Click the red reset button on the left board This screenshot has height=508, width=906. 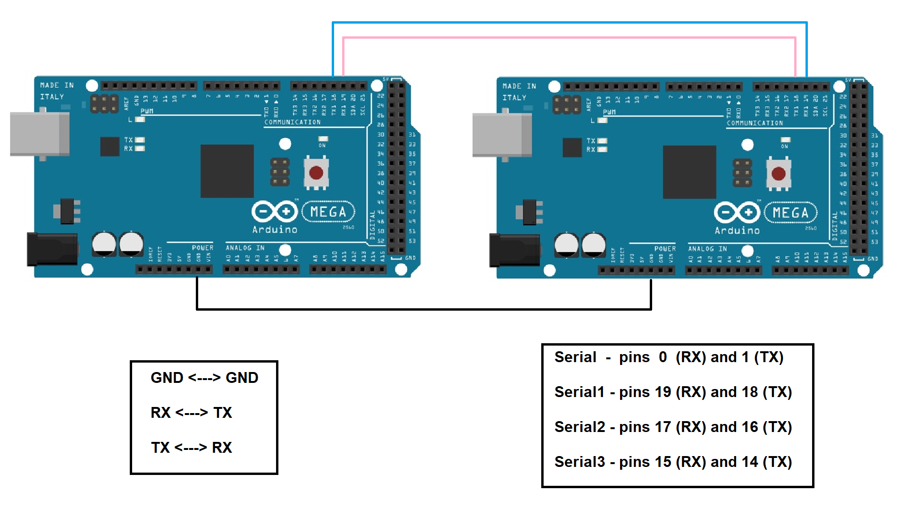[x=316, y=173]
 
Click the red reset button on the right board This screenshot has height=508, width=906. [x=779, y=174]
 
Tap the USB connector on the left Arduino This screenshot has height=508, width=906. [x=40, y=134]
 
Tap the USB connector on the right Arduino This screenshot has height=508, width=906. [x=502, y=135]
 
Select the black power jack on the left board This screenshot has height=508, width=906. [x=52, y=249]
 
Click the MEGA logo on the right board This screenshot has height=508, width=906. [x=790, y=213]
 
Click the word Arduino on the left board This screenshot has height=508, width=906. [x=275, y=230]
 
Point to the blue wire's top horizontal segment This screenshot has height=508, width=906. [x=566, y=22]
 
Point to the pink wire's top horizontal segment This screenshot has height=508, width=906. [x=566, y=37]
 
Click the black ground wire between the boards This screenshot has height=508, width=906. [x=425, y=309]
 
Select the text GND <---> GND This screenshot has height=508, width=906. [x=204, y=378]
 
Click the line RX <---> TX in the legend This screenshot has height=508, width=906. [x=191, y=413]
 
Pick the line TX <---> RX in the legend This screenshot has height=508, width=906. [x=191, y=448]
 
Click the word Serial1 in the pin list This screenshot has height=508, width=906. [x=579, y=392]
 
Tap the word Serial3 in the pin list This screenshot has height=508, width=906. [x=579, y=462]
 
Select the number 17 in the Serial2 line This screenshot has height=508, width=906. [x=663, y=427]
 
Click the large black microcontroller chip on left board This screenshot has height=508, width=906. [x=227, y=171]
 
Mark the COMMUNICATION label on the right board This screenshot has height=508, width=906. [x=755, y=123]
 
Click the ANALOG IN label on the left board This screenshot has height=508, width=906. [x=245, y=248]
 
